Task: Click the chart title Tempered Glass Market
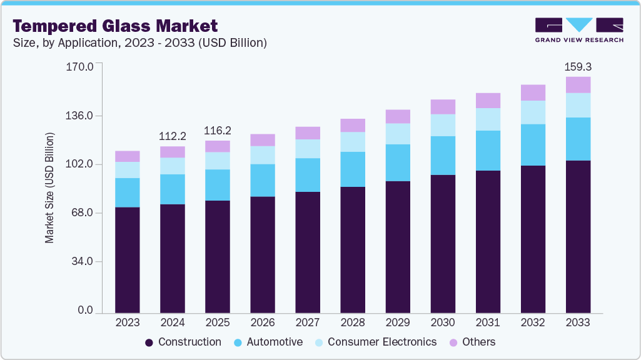point(115,26)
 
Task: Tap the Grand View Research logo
point(578,30)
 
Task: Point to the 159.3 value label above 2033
point(577,66)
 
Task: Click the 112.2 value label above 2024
point(173,136)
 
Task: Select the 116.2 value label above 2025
point(218,131)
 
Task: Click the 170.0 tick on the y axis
point(79,66)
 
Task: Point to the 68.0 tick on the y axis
point(82,213)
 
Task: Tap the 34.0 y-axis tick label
point(82,261)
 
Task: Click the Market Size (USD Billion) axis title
point(49,188)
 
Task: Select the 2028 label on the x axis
point(353,322)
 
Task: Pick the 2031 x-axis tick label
point(488,322)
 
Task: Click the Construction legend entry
point(183,342)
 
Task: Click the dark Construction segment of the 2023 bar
point(128,259)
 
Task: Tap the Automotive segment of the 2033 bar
point(578,139)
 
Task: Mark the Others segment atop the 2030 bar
point(443,107)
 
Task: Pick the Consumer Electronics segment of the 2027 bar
point(308,149)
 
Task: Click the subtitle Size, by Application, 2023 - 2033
point(140,43)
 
